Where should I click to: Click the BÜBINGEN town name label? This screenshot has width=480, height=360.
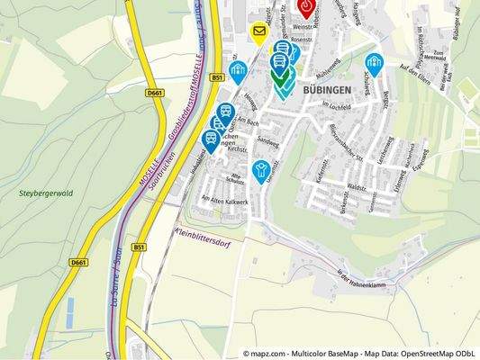(x=327, y=91)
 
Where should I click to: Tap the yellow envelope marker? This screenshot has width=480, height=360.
(x=259, y=34)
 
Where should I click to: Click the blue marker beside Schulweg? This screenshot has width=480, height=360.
(x=374, y=64)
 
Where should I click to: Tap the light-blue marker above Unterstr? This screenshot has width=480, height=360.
(x=261, y=170)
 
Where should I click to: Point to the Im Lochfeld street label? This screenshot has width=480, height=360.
(x=337, y=111)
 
